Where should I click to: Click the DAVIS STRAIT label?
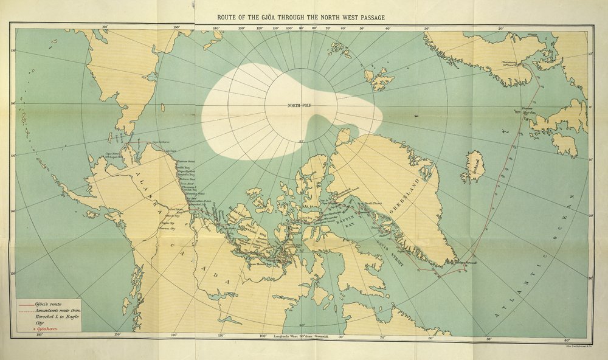pos(389,246)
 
